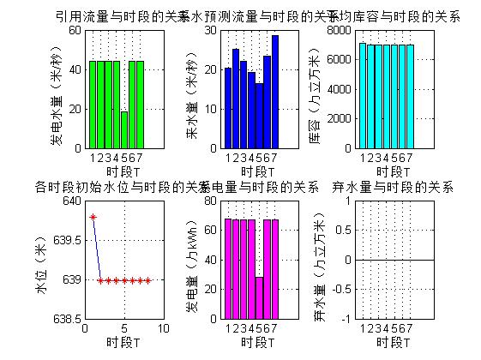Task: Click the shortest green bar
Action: (124, 129)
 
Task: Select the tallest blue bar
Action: (275, 91)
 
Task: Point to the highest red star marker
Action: (93, 217)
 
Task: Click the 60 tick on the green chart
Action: (74, 30)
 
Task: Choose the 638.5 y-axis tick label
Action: (65, 319)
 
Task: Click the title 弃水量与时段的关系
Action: (392, 186)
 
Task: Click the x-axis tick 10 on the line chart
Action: (163, 328)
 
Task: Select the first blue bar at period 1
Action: (228, 107)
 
